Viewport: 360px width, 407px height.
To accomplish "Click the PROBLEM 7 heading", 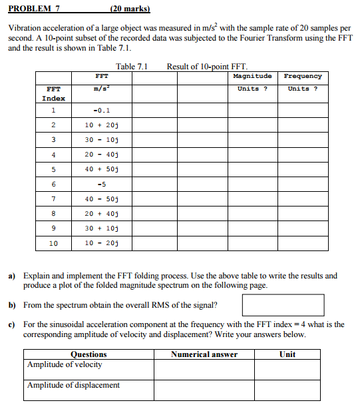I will tap(34, 9).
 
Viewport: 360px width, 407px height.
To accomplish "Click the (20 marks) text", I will tap(130, 9).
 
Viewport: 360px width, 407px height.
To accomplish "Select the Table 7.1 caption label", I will tap(131, 66).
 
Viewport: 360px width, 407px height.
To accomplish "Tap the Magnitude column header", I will tap(253, 77).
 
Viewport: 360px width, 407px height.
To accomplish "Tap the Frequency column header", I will tap(303, 77).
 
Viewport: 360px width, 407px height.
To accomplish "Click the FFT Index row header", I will tap(53, 93).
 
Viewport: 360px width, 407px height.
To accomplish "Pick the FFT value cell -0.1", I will tap(102, 110).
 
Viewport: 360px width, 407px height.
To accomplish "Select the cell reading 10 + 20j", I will tap(102, 125).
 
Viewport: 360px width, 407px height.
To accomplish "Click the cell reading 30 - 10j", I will tap(102, 139).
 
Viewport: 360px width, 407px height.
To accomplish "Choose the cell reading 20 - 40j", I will tap(102, 154).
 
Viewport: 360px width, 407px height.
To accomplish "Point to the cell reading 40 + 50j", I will tap(102, 169).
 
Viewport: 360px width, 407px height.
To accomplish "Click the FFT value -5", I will tap(102, 184).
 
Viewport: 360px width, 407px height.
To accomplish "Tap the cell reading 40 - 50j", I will tap(102, 199).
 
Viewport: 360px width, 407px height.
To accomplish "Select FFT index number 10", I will tap(53, 243).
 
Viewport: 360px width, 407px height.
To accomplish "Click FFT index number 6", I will tap(53, 184).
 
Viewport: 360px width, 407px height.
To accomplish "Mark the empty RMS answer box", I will tap(283, 305).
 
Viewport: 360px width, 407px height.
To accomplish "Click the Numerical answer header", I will tap(204, 354).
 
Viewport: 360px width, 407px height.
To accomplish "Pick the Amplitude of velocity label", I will tap(65, 365).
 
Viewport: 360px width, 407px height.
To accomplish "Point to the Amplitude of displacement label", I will tap(73, 385).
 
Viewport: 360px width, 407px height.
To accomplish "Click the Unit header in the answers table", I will tap(287, 354).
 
